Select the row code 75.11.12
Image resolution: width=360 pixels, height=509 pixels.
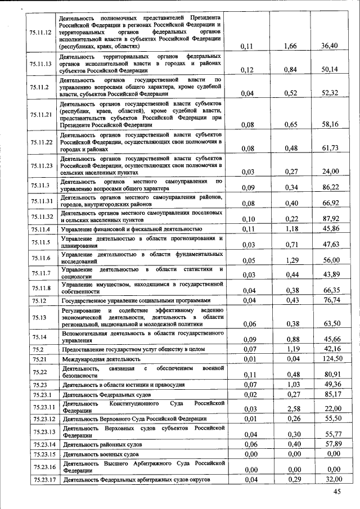tap(40, 31)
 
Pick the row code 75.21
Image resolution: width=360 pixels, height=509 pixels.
tap(39, 359)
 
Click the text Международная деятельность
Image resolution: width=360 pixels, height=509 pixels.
tap(101, 359)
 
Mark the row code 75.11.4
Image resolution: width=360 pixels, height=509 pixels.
tap(40, 229)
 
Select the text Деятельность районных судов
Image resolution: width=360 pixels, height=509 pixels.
tap(103, 444)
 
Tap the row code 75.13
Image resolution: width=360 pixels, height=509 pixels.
tap(39, 317)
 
